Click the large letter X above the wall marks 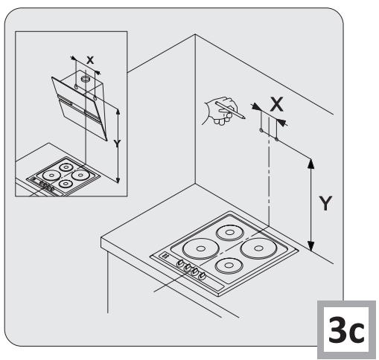[277, 104]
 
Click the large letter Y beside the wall [325, 203]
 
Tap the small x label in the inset [90, 60]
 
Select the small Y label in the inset [117, 144]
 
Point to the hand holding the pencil [221, 111]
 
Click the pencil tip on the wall [244, 118]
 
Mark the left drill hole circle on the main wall [261, 130]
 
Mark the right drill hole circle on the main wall [276, 139]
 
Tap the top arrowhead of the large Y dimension [310, 164]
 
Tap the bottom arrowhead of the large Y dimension [310, 245]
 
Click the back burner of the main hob [229, 233]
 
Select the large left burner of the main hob [201, 248]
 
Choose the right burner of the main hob [258, 248]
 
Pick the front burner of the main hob [229, 266]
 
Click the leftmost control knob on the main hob [180, 263]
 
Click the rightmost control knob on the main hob [203, 276]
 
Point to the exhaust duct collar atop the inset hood [86, 80]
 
